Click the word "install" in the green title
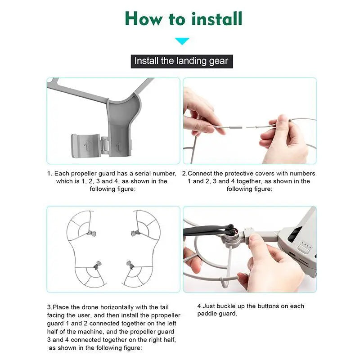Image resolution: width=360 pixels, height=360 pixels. coord(217,18)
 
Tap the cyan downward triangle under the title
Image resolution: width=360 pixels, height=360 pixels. coord(182,41)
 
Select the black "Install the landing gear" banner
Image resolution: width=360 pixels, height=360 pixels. coord(182,61)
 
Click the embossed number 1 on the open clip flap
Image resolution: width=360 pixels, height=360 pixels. coord(86,145)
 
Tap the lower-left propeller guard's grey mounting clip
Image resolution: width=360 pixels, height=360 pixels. coord(97,265)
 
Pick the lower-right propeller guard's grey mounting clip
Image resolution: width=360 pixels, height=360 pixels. coord(130,265)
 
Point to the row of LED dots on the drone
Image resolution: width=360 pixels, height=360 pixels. coord(306,245)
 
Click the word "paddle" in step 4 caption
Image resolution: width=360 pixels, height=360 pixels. coord(207,314)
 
